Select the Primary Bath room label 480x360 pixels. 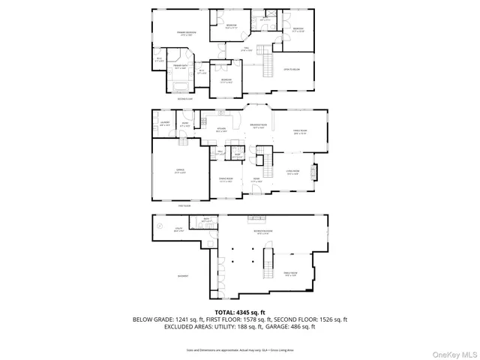180,67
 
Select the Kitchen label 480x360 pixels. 221,130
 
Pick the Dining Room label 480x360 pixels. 225,179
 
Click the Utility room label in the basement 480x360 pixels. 178,231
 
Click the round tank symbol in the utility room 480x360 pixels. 158,225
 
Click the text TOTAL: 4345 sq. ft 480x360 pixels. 240,312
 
